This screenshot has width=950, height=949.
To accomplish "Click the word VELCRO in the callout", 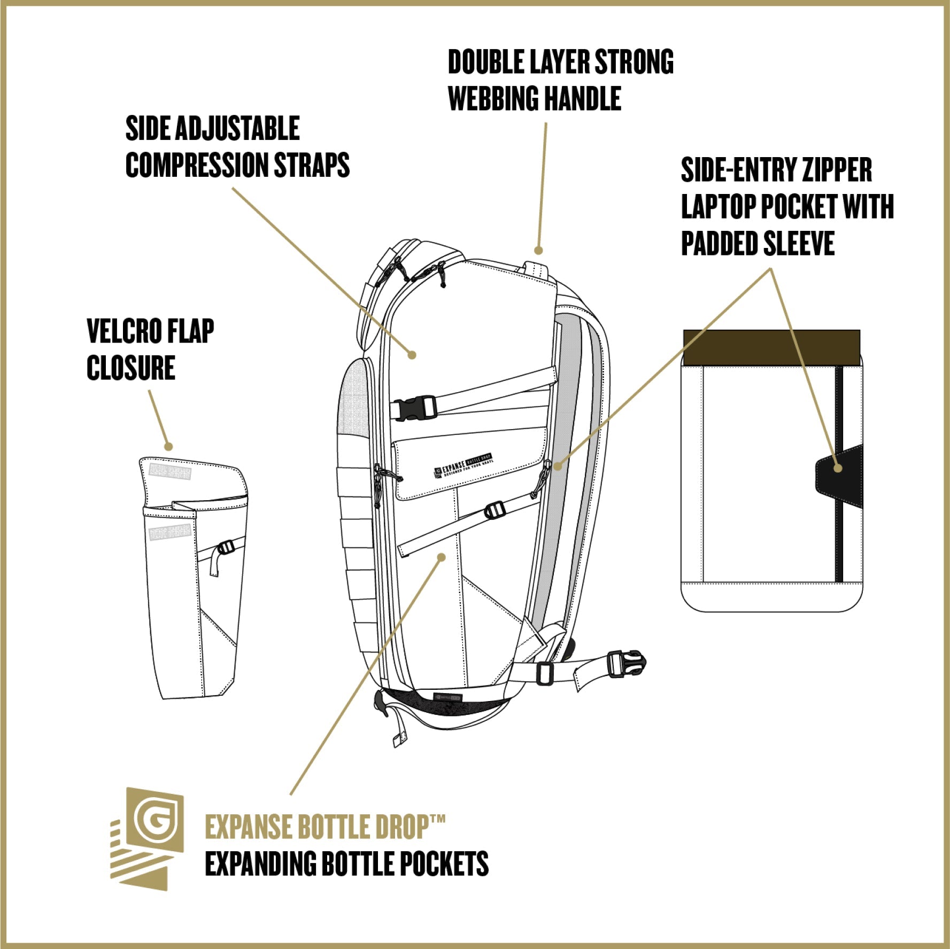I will [x=125, y=331].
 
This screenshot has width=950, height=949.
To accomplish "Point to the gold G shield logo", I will [x=155, y=821].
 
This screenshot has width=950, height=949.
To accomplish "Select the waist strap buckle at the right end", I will [x=626, y=664].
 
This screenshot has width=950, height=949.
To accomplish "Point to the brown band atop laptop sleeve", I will [x=771, y=347].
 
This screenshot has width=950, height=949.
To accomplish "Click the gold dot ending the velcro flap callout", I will [x=168, y=446].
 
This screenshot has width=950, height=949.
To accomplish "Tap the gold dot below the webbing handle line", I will [x=538, y=250].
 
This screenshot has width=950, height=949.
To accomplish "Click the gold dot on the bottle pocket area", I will [x=441, y=557].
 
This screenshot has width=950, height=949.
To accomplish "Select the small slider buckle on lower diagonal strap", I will [x=494, y=511].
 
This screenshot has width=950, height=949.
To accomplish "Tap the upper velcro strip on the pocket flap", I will [x=170, y=472].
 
